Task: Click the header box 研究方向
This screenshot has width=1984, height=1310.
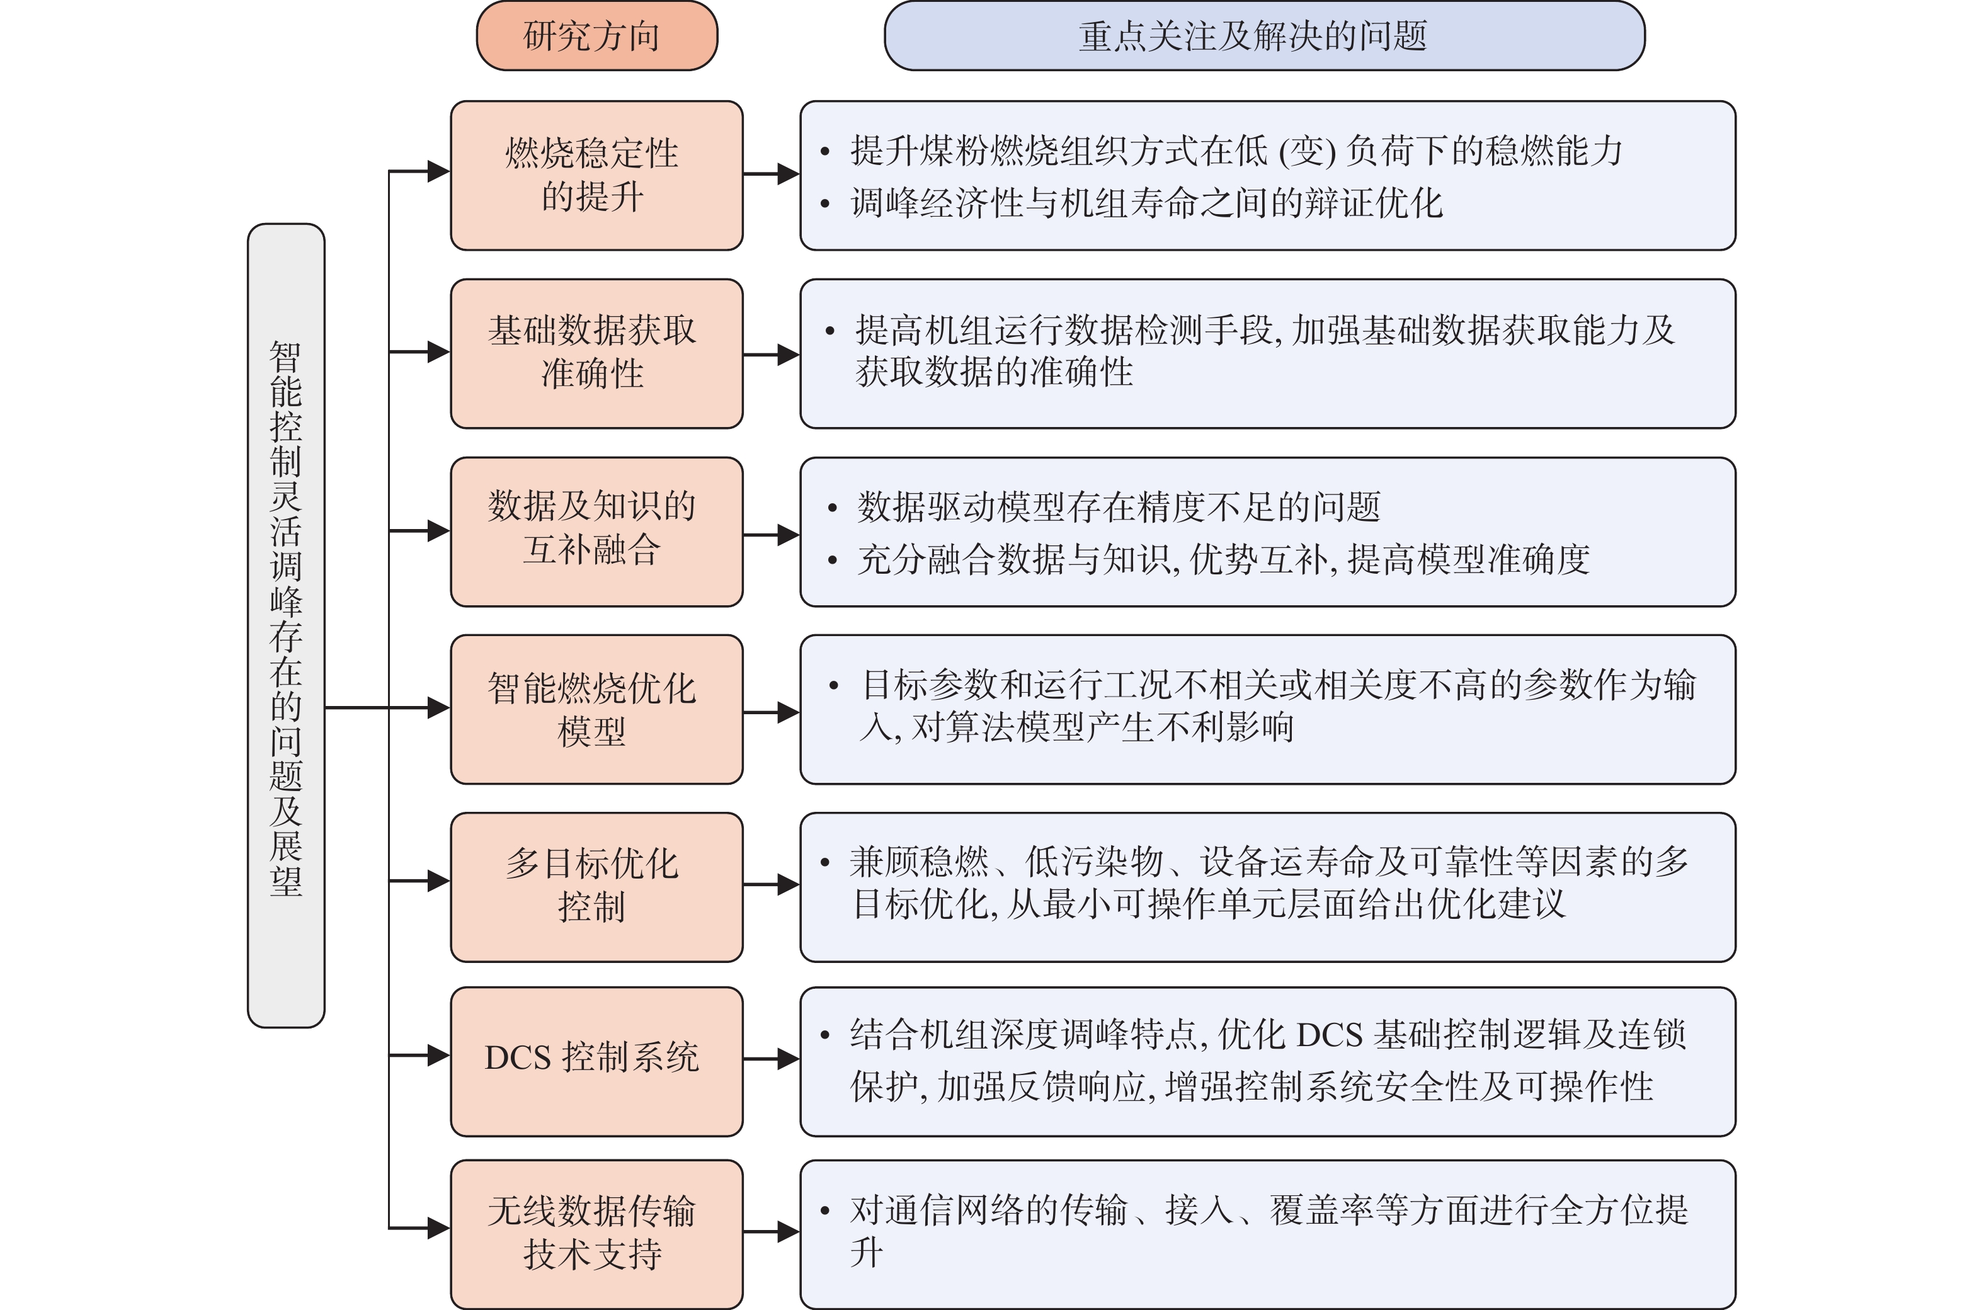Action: (x=596, y=36)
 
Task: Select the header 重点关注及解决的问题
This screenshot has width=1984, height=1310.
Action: (x=1265, y=36)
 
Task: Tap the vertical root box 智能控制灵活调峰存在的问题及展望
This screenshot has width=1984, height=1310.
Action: (x=286, y=625)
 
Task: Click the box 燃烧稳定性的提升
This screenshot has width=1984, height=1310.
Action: (x=596, y=176)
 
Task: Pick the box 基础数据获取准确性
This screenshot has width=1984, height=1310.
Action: (x=596, y=353)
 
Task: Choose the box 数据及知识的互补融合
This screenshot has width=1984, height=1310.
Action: (x=596, y=532)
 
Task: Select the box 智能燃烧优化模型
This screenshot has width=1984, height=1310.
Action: (x=596, y=709)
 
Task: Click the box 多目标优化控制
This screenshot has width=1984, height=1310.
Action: (x=596, y=887)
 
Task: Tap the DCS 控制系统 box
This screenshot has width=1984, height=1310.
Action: (x=596, y=1061)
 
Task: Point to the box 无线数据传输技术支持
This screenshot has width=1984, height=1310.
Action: (x=596, y=1234)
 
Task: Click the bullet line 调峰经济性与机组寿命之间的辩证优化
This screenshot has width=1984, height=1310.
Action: (x=1146, y=203)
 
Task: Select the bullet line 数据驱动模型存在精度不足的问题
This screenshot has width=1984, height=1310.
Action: (x=1119, y=507)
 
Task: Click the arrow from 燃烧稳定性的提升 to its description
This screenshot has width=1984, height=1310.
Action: (x=771, y=174)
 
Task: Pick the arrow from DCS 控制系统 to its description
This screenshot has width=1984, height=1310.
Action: (x=771, y=1059)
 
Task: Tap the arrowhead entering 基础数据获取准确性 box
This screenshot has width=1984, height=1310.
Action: (x=438, y=351)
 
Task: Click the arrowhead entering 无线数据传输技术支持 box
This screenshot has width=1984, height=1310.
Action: (x=438, y=1227)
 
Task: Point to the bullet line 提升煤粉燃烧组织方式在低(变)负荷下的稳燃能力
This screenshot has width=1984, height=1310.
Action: (x=1236, y=151)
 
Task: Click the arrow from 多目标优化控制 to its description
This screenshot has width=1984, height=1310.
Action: (x=771, y=884)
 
